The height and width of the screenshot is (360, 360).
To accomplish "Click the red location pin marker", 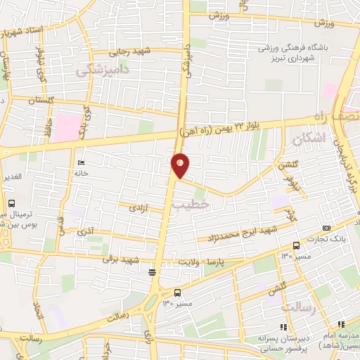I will pos(180,165).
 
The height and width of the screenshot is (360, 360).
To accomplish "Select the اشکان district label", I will pos(309,139).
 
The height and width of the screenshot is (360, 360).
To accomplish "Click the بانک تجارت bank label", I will pos(331,239).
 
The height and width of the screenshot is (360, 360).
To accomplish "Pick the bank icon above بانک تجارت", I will pos(326,228).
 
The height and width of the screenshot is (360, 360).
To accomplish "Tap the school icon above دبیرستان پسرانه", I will pos(283,327).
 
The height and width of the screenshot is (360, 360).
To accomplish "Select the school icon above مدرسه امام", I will pos(342,324).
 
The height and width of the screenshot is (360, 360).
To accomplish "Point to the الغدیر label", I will pos(12,176).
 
